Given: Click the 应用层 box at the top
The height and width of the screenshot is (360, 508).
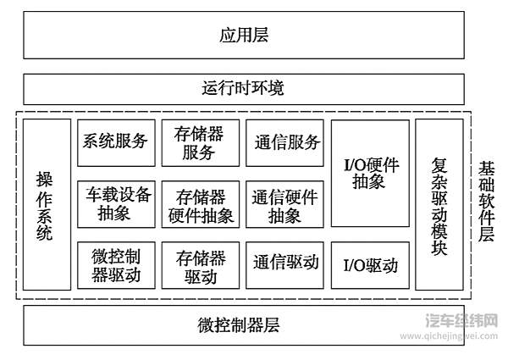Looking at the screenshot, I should point(244,36).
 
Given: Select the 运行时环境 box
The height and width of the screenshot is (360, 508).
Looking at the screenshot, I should point(244,89).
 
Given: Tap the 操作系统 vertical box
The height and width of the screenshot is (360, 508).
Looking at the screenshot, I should point(46,205).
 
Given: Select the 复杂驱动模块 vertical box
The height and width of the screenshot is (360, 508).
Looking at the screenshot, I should point(439,205).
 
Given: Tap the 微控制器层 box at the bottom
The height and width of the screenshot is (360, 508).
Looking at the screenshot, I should point(244,324).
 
